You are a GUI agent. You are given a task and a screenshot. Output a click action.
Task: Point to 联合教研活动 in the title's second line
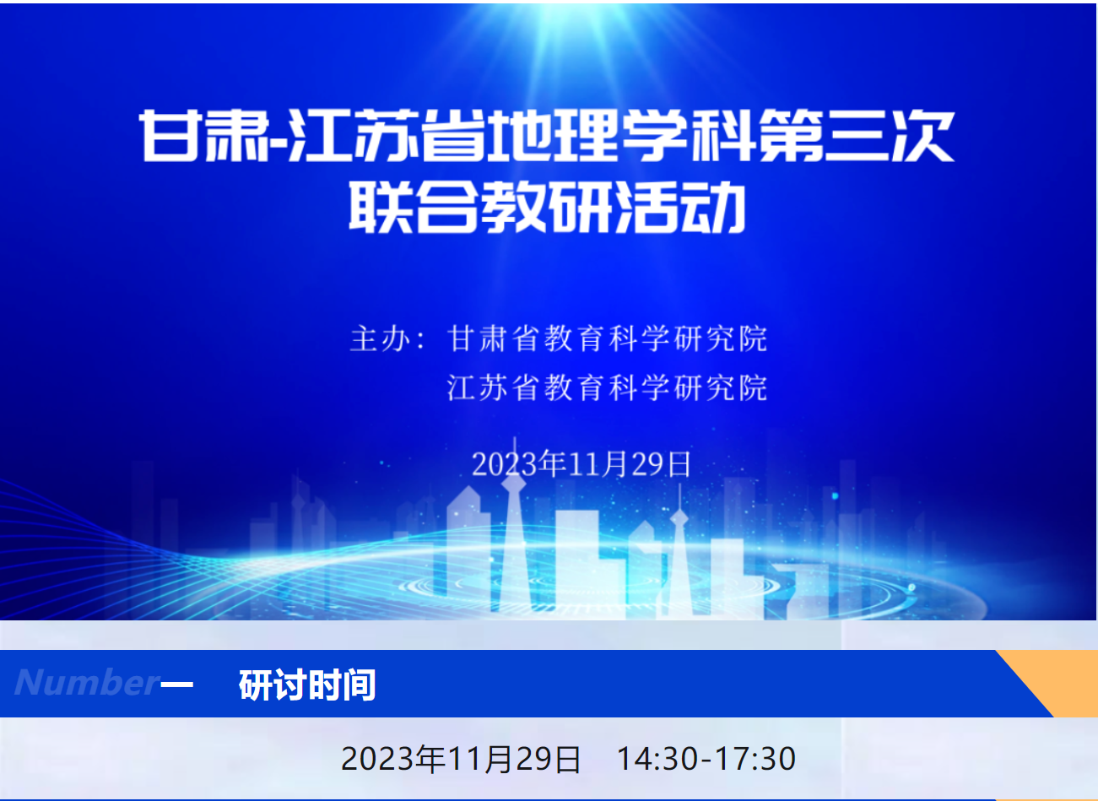pos(547,208)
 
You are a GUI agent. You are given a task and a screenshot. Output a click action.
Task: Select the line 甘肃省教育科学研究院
pos(608,338)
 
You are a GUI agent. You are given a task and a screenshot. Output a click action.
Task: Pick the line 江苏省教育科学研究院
pos(608,387)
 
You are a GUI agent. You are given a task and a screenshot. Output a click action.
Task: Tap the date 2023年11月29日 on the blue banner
pos(581,463)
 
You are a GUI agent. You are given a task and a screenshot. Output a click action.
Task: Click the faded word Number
pos(87,682)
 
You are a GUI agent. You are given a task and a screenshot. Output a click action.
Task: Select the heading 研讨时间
pos(307,685)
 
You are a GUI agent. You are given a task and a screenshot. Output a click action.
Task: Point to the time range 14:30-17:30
pos(706,760)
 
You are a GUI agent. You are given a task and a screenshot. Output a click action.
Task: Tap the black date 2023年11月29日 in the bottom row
pos(461,760)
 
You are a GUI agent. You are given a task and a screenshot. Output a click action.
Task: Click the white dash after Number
pos(176,683)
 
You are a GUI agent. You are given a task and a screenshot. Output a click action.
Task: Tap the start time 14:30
pos(657,760)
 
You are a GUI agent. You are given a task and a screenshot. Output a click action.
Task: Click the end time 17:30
pos(755,760)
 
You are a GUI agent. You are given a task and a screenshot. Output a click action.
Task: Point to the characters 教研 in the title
pos(547,208)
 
